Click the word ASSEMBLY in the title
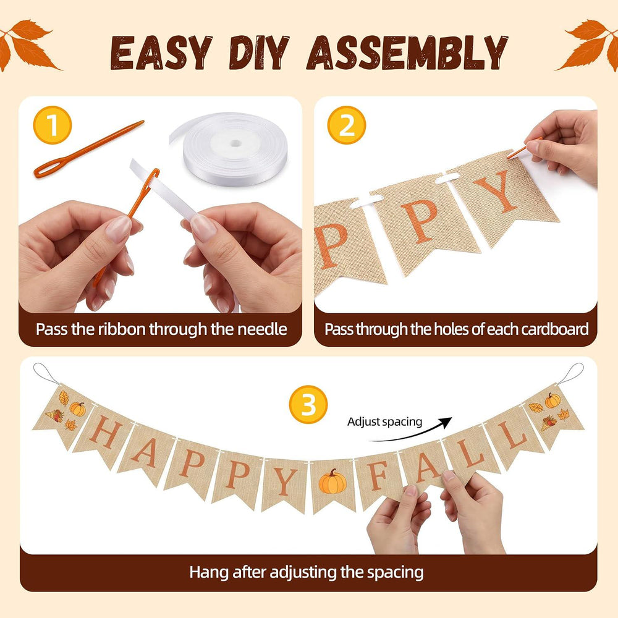407,53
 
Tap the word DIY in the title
260,53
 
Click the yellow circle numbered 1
53,125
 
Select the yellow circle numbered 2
347,125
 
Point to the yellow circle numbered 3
308,404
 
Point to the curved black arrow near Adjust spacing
412,433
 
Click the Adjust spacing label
384,422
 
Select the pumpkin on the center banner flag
332,481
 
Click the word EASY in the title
161,53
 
